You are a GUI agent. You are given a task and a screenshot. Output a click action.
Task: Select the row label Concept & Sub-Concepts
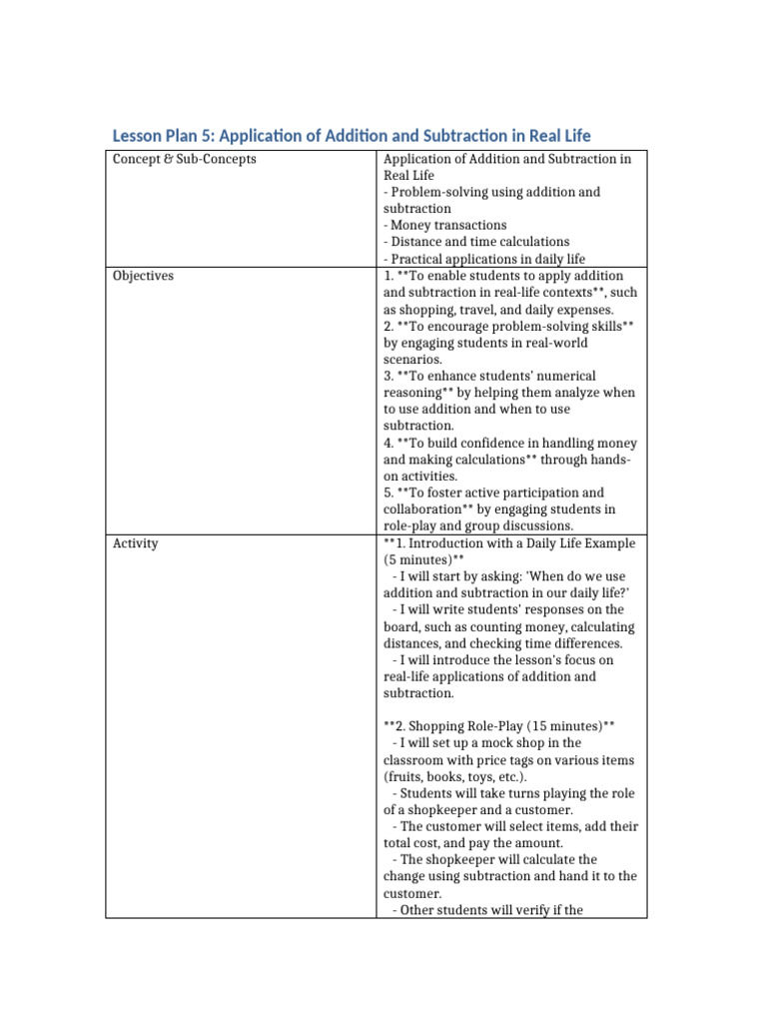click(x=184, y=159)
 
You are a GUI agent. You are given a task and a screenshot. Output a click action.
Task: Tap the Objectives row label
click(x=143, y=276)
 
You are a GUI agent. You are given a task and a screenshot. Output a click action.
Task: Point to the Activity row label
click(x=135, y=543)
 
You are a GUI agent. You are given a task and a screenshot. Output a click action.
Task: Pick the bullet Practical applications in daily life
click(x=484, y=259)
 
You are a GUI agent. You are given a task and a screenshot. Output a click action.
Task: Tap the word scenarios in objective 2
click(x=412, y=360)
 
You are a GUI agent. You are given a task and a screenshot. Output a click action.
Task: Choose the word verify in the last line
click(x=539, y=910)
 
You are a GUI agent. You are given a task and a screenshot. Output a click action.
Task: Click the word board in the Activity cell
click(x=400, y=627)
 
